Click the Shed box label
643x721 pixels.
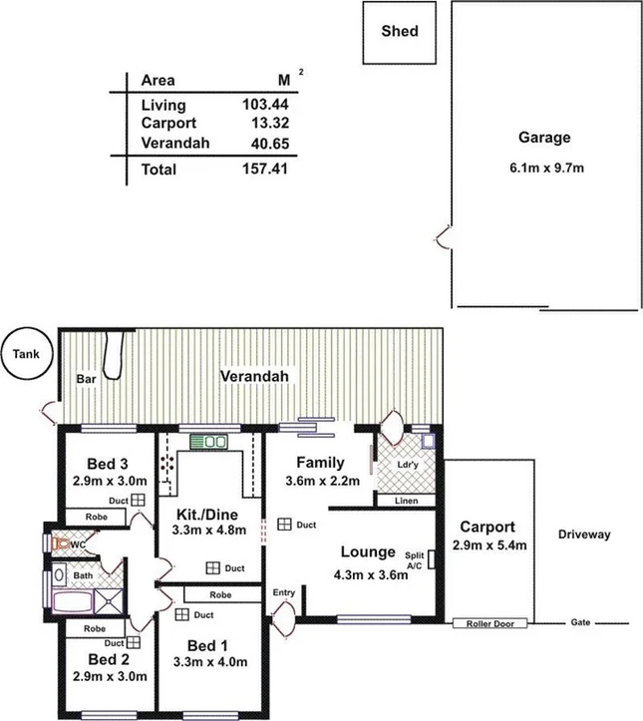point(400,31)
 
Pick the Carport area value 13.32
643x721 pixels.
point(271,124)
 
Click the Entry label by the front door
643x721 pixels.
point(284,593)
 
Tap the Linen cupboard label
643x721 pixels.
point(406,501)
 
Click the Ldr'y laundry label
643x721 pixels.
point(406,466)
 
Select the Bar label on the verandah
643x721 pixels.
point(85,379)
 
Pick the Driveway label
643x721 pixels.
point(585,535)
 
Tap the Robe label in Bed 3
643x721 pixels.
point(95,519)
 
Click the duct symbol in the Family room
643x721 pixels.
point(285,524)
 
